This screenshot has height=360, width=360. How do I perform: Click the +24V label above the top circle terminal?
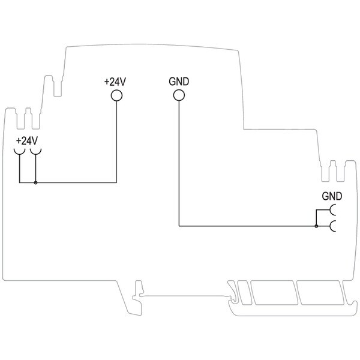point(115,82)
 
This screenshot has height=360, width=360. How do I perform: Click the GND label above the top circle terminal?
point(179,82)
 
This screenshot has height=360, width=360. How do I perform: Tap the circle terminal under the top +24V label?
point(116,95)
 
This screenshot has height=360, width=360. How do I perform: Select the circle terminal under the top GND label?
point(179,95)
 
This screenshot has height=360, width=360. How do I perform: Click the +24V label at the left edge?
point(27,141)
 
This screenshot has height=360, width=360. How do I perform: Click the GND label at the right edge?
point(332,196)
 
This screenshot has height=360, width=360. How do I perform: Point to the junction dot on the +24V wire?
point(35,183)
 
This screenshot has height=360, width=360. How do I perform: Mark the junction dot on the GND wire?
point(316,226)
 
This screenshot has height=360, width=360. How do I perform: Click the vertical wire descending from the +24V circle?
point(116,142)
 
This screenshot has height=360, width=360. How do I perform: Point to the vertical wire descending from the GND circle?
point(179,163)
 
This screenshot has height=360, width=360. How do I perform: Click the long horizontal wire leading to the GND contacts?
point(248,226)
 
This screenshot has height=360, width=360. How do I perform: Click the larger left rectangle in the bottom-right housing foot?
point(274,293)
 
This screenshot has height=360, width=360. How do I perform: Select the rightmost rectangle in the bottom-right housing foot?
point(320,293)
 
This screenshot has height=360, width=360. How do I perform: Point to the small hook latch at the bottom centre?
point(137,298)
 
